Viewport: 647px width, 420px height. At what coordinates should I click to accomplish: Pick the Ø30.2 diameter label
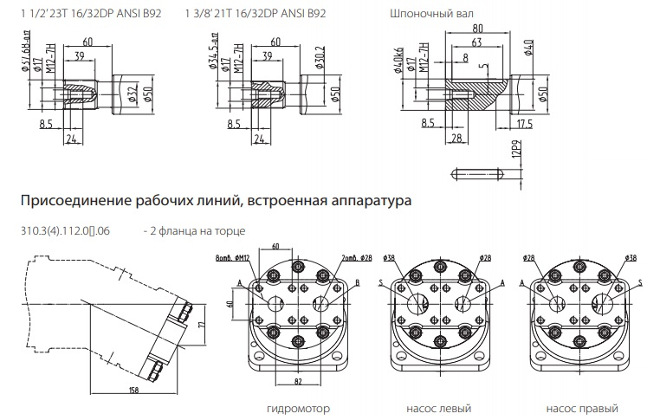(x=320, y=62)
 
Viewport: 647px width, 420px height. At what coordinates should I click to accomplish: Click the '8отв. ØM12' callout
(x=233, y=257)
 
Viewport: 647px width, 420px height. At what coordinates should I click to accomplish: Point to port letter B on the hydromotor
(x=357, y=283)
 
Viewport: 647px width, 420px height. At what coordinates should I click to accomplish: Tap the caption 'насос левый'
(x=435, y=408)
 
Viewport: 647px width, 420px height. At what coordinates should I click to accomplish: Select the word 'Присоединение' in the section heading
(x=73, y=201)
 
